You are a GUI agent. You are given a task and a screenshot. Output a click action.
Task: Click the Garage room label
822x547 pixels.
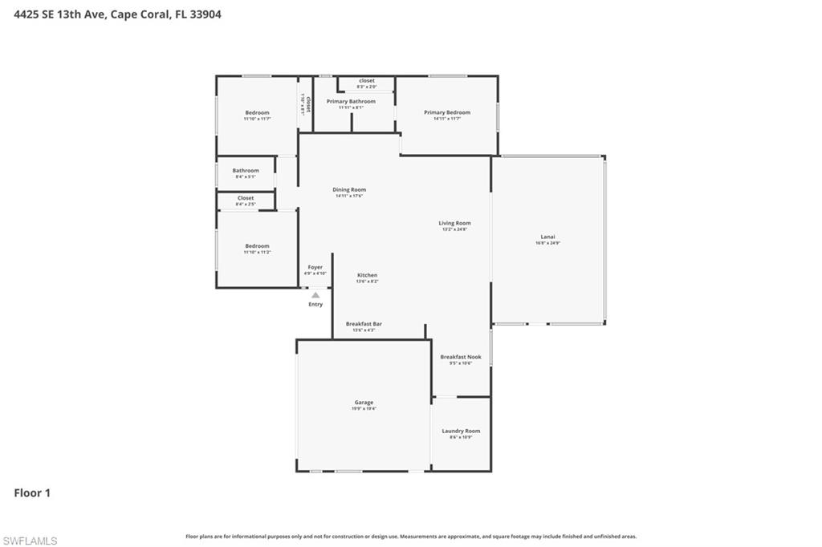coord(364,403)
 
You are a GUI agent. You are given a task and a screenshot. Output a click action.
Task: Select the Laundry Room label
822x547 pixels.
coord(461,432)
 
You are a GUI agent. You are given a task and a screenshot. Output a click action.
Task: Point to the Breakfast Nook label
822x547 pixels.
coord(461,357)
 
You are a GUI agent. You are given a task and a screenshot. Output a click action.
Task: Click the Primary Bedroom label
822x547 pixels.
coord(447,112)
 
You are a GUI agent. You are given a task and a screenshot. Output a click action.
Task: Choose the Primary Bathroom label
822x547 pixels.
coord(351,102)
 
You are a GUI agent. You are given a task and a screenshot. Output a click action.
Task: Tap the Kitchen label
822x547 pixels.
coord(367,275)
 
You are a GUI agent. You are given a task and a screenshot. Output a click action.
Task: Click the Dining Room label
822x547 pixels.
coord(349,190)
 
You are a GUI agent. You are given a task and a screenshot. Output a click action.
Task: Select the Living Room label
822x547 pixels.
coord(454,223)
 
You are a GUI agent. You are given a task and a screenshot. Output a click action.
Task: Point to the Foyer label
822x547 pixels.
coord(315,267)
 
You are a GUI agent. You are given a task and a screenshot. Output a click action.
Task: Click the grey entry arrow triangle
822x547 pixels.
coord(315,295)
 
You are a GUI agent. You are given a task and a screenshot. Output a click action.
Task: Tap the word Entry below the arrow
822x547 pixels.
coord(315,304)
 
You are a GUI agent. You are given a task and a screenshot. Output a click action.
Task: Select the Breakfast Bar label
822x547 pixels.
coord(364,324)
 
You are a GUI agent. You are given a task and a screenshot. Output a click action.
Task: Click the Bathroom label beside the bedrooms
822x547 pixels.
coord(246,170)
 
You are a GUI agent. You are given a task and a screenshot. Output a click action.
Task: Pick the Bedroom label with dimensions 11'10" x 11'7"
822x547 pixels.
coord(257,113)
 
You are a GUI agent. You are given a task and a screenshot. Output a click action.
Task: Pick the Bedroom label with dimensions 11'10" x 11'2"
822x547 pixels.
coord(257,246)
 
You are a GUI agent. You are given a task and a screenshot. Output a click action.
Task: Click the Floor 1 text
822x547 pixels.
coord(32,493)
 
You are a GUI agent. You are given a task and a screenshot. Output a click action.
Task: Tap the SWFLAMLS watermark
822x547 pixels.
coord(30,541)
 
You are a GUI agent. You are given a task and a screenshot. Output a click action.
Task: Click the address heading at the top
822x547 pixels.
coord(118,14)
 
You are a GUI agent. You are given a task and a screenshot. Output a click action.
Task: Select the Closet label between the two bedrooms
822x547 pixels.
coord(246,198)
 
